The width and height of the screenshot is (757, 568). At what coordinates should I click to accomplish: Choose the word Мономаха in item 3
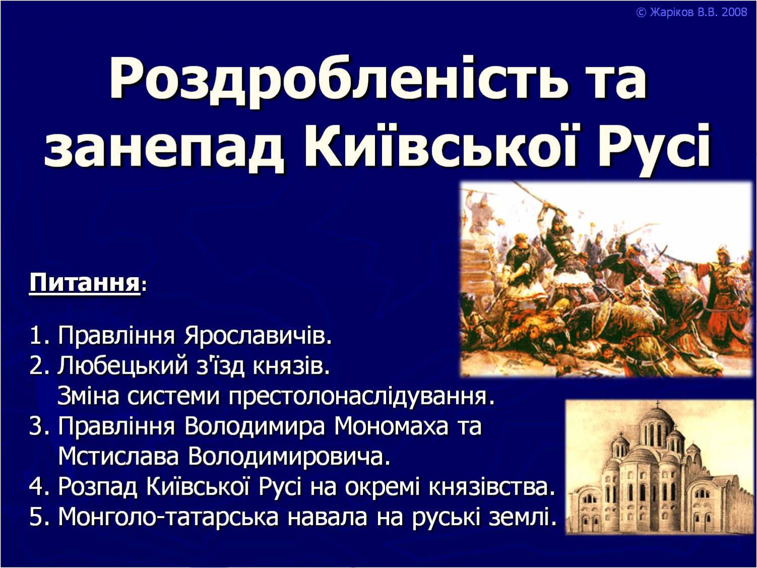point(392,427)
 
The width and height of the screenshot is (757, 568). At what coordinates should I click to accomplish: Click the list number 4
point(37,487)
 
